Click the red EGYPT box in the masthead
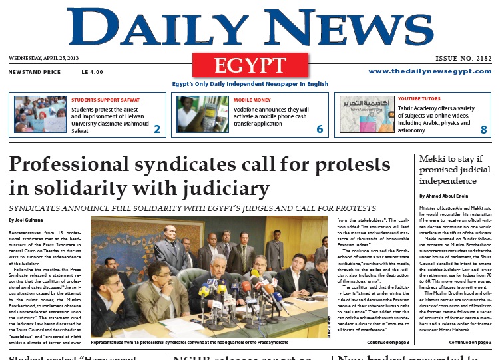pos(250,65)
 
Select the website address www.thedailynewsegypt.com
pos(429,71)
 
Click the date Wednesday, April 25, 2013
pos(45,58)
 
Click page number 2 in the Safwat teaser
pos(156,129)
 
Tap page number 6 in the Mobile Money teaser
pos(320,129)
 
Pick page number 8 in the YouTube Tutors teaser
pos(484,130)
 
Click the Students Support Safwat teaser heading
pos(106,99)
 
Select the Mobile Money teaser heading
pos(252,99)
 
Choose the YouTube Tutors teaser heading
pos(424,99)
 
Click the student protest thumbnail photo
pos(40,114)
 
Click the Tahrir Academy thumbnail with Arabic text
pos(366,114)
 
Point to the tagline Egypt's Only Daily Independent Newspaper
pos(250,84)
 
